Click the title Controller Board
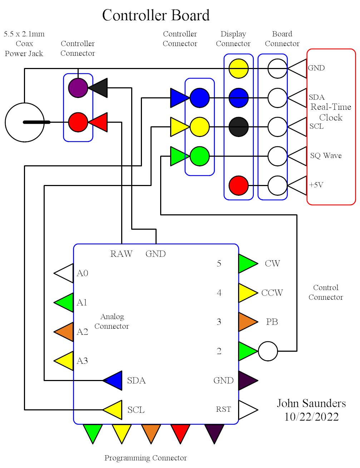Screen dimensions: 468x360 pyautogui.click(x=156, y=15)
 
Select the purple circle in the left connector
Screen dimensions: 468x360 pyautogui.click(x=78, y=87)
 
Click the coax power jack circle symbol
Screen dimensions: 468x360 pyautogui.click(x=24, y=122)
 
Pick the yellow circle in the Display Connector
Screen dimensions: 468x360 pyautogui.click(x=238, y=68)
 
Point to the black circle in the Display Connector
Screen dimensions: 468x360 pyautogui.click(x=238, y=127)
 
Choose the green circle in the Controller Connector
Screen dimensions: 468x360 pyautogui.click(x=199, y=156)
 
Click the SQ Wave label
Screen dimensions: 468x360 pyautogui.click(x=326, y=156)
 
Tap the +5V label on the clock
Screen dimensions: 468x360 pyautogui.click(x=316, y=185)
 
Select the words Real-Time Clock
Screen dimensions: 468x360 pyautogui.click(x=331, y=112)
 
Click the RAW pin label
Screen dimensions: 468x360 pyautogui.click(x=121, y=254)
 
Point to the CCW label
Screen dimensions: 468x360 pyautogui.click(x=272, y=293)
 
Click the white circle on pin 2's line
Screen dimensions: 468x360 pyautogui.click(x=268, y=351)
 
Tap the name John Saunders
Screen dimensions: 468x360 pyautogui.click(x=311, y=404)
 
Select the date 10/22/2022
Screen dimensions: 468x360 pyautogui.click(x=311, y=417)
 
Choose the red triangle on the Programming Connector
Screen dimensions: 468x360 pyautogui.click(x=180, y=432)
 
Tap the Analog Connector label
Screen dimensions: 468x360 pyautogui.click(x=112, y=321)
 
